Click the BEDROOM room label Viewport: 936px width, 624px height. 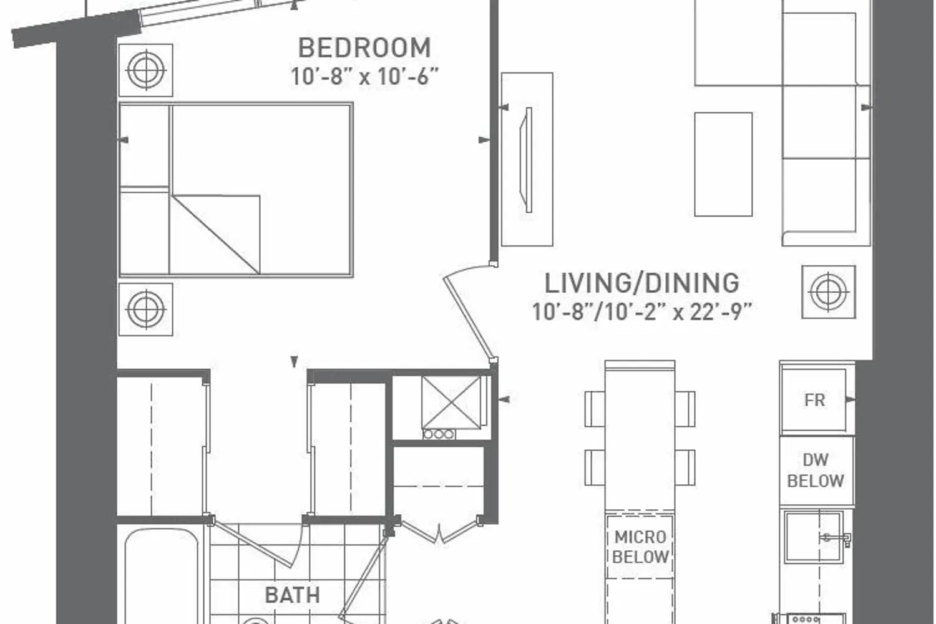click(x=364, y=48)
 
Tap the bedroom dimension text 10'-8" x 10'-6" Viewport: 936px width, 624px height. click(x=364, y=77)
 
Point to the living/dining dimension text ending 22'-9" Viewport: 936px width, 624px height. click(x=642, y=312)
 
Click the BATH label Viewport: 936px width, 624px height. click(x=293, y=595)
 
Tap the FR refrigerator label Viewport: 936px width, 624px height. click(x=814, y=401)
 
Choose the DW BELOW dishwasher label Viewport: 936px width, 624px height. click(x=815, y=470)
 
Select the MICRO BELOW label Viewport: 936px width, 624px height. click(x=640, y=547)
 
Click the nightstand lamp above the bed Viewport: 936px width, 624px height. click(x=146, y=70)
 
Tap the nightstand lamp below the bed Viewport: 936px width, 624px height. click(x=146, y=310)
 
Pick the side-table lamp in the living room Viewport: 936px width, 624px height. click(x=829, y=292)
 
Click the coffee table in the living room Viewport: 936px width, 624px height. click(x=723, y=164)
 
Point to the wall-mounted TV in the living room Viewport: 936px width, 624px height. click(x=526, y=160)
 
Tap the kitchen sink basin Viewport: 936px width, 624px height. click(x=813, y=537)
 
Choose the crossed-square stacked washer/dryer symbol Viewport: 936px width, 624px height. click(x=451, y=402)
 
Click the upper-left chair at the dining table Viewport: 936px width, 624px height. click(x=595, y=409)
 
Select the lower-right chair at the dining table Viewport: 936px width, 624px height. click(x=685, y=467)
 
